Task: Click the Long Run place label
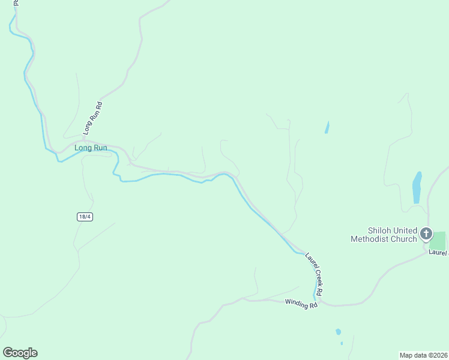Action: click(x=91, y=148)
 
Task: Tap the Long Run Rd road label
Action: click(x=93, y=117)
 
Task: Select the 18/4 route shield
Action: click(x=85, y=217)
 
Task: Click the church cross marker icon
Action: click(x=426, y=233)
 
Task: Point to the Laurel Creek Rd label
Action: click(x=314, y=274)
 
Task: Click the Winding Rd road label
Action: click(x=301, y=304)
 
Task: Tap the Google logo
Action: click(x=20, y=353)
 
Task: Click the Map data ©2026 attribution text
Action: click(x=424, y=355)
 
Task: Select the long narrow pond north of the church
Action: click(x=417, y=187)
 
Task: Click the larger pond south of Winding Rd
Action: click(x=338, y=331)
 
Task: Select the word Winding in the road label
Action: click(x=296, y=303)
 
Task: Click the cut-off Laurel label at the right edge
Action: click(x=438, y=253)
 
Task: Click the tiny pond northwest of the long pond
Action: click(x=327, y=127)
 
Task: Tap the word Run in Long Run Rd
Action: click(x=92, y=115)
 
